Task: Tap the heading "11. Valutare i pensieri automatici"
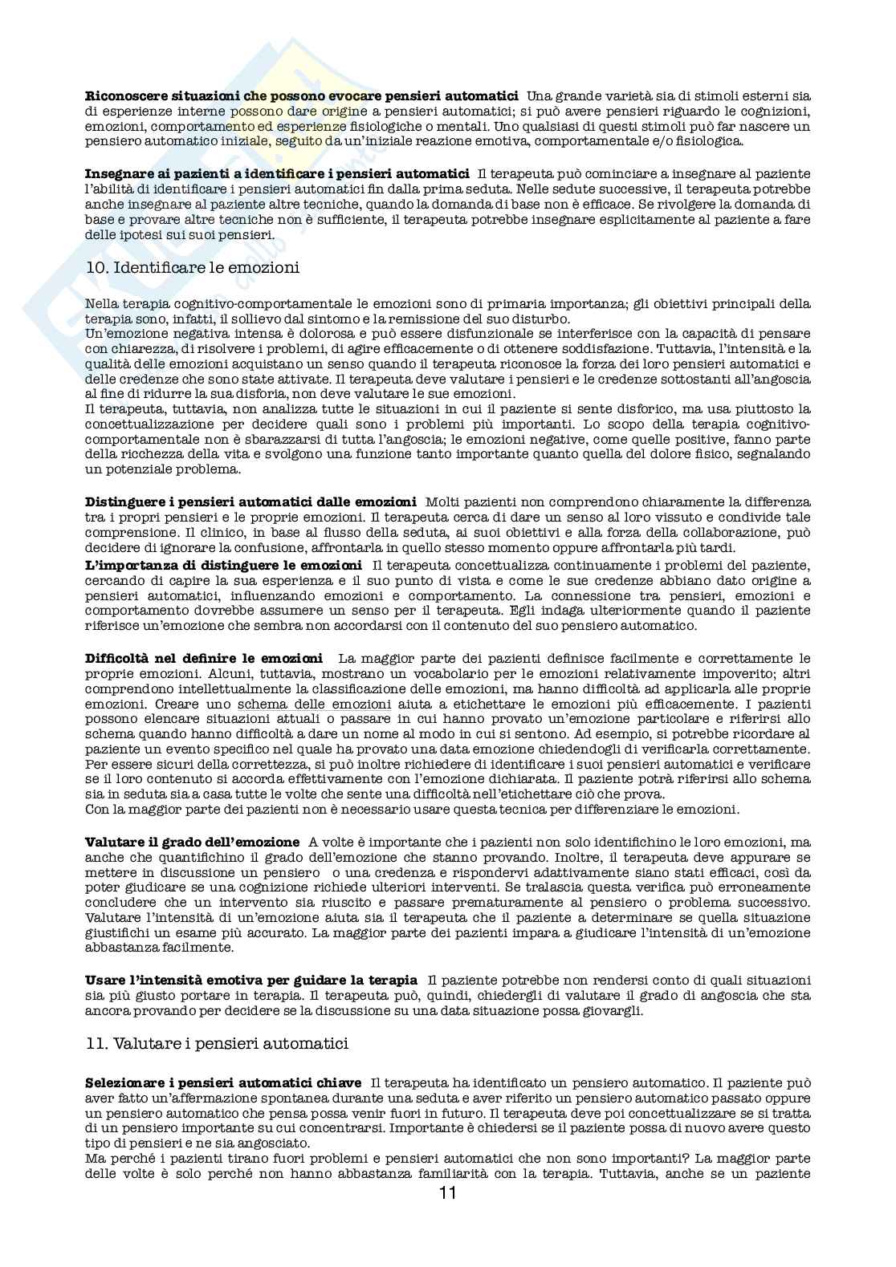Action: [x=217, y=1044]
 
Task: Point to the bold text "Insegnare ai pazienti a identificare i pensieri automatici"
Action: [x=277, y=174]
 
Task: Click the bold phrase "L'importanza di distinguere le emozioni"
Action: [x=223, y=566]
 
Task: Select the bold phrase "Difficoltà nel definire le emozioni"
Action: [x=204, y=659]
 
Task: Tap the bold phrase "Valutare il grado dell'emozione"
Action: [x=192, y=842]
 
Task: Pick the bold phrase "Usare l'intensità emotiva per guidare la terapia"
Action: [x=250, y=980]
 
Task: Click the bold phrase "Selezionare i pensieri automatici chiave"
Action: [x=222, y=1083]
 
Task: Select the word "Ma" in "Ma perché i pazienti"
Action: [x=95, y=1159]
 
